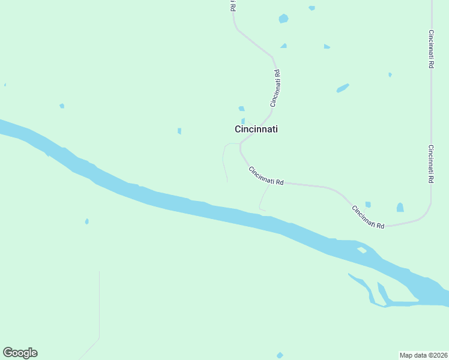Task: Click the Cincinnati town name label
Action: [x=256, y=129]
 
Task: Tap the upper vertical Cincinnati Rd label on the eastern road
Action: [x=431, y=49]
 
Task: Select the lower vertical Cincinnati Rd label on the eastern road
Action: [x=431, y=164]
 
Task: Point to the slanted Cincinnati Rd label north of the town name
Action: [x=275, y=89]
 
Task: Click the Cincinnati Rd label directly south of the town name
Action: [x=266, y=176]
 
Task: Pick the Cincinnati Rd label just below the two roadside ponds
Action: [x=368, y=217]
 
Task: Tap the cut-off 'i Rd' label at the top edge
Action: [x=232, y=6]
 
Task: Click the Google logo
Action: [x=20, y=353]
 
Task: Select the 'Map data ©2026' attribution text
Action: [x=424, y=355]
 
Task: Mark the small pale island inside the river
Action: [x=361, y=250]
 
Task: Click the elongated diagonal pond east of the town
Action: [x=343, y=88]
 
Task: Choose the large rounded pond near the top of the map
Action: [x=283, y=19]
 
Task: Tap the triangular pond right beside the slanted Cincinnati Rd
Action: [x=283, y=46]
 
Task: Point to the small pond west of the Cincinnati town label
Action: [x=179, y=131]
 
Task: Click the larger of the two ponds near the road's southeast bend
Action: [x=400, y=208]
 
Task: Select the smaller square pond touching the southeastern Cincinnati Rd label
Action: [x=368, y=205]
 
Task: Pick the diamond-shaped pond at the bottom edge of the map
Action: [x=280, y=355]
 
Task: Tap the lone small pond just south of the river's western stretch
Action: [x=87, y=221]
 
